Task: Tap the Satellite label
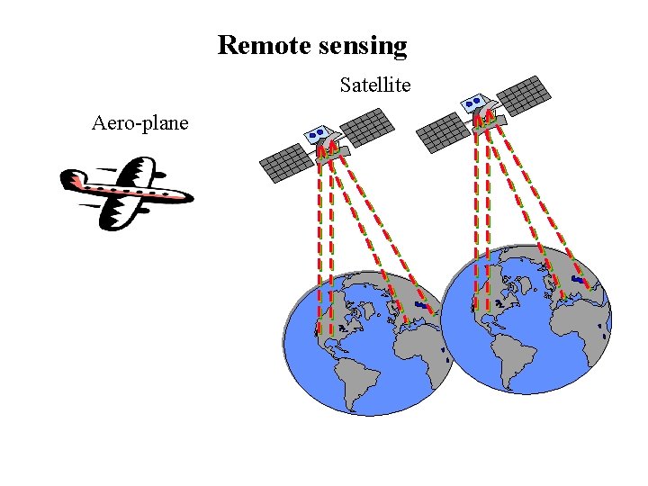pos(375,85)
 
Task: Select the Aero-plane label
pos(139,122)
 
